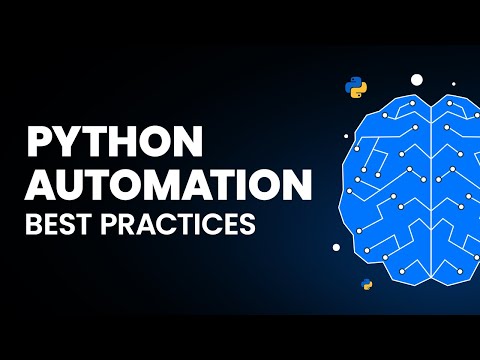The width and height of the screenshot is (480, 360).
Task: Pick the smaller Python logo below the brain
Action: [367, 285]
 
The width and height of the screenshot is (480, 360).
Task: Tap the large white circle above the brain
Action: [417, 79]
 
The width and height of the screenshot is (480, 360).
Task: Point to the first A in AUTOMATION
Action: [39, 187]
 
